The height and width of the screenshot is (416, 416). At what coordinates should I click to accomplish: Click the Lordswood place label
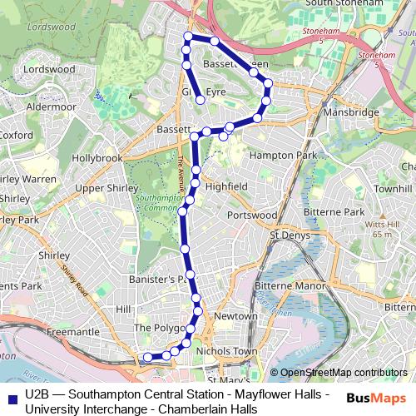(49, 70)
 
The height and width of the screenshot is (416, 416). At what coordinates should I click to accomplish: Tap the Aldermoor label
(51, 106)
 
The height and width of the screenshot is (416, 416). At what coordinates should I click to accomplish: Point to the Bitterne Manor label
(290, 285)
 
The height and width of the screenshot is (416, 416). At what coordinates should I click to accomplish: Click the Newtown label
(230, 316)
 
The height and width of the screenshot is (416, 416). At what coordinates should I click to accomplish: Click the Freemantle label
(73, 332)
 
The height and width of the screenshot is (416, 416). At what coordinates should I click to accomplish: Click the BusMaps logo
(376, 399)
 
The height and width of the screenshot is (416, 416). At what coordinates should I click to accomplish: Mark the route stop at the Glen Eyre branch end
(201, 101)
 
